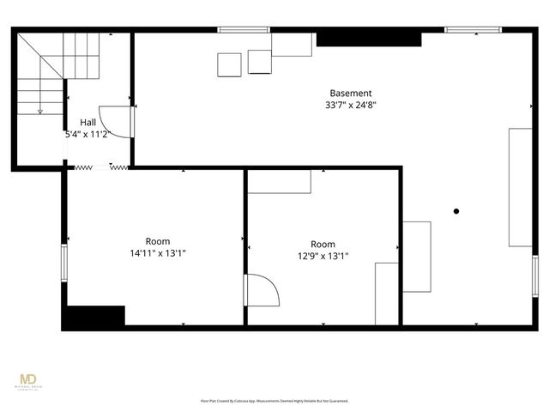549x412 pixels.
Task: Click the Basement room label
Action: click(351, 93)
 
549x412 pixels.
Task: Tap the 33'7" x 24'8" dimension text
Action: click(351, 105)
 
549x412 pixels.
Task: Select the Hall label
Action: click(88, 123)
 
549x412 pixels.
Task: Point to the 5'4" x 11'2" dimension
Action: click(88, 135)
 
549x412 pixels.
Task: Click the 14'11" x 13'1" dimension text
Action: click(157, 253)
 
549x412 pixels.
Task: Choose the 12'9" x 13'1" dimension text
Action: click(323, 256)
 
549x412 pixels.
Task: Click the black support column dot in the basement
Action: click(456, 211)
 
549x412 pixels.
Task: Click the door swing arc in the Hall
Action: click(112, 120)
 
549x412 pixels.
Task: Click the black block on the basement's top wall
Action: click(369, 39)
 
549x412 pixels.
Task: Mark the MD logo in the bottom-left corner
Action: click(29, 380)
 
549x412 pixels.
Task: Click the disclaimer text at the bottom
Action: click(274, 401)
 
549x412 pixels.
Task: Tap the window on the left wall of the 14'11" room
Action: click(63, 262)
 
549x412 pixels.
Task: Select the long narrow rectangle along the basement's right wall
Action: click(520, 186)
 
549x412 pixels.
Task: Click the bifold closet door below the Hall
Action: click(97, 167)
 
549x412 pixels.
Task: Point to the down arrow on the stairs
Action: click(39, 106)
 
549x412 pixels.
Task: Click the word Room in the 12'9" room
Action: click(323, 244)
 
